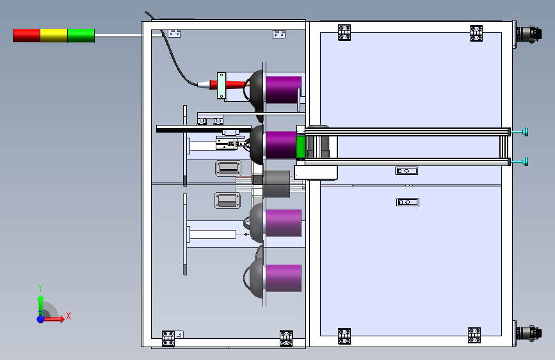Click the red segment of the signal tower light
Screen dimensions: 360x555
[x=26, y=35]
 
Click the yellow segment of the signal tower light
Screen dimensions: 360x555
[x=54, y=35]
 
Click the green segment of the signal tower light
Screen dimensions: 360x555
[x=81, y=35]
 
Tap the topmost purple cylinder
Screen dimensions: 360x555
[x=283, y=89]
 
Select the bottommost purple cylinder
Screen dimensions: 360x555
[x=283, y=278]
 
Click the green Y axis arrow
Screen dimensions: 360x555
[x=40, y=302]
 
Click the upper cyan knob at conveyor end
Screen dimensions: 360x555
[x=525, y=132]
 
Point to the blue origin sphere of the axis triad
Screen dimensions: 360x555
[x=40, y=318]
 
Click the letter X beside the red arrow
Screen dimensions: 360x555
[x=68, y=316]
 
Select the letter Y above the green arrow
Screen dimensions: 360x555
[x=40, y=288]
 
